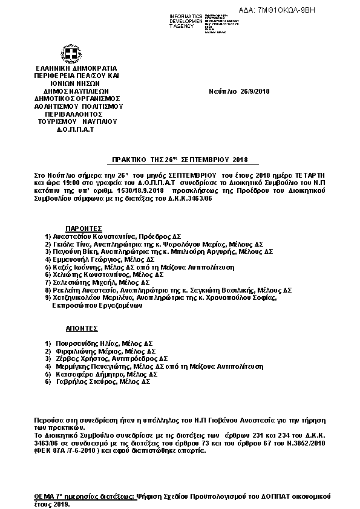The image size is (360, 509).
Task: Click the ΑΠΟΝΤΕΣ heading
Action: pyautogui.click(x=82, y=330)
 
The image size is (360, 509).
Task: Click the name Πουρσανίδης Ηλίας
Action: pyautogui.click(x=87, y=343)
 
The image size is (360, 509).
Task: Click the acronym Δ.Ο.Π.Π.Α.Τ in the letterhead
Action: pyautogui.click(x=77, y=129)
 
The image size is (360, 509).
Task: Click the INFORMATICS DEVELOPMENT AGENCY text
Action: pyautogui.click(x=187, y=20)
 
